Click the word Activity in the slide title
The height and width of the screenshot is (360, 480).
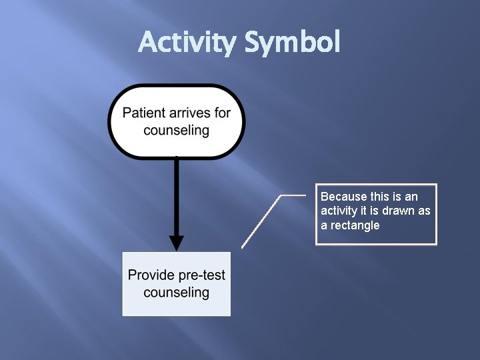tap(187, 43)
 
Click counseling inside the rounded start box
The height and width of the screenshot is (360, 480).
tap(176, 129)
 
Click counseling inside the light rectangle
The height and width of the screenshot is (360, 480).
tap(176, 292)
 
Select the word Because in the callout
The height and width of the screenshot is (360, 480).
tap(344, 197)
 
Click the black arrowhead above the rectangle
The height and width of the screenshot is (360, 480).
tap(176, 241)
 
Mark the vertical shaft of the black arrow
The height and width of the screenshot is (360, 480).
tap(176, 193)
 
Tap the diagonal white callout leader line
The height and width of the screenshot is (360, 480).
tap(261, 221)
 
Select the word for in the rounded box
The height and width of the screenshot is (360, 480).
tap(222, 113)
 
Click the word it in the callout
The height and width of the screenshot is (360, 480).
tap(365, 211)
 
